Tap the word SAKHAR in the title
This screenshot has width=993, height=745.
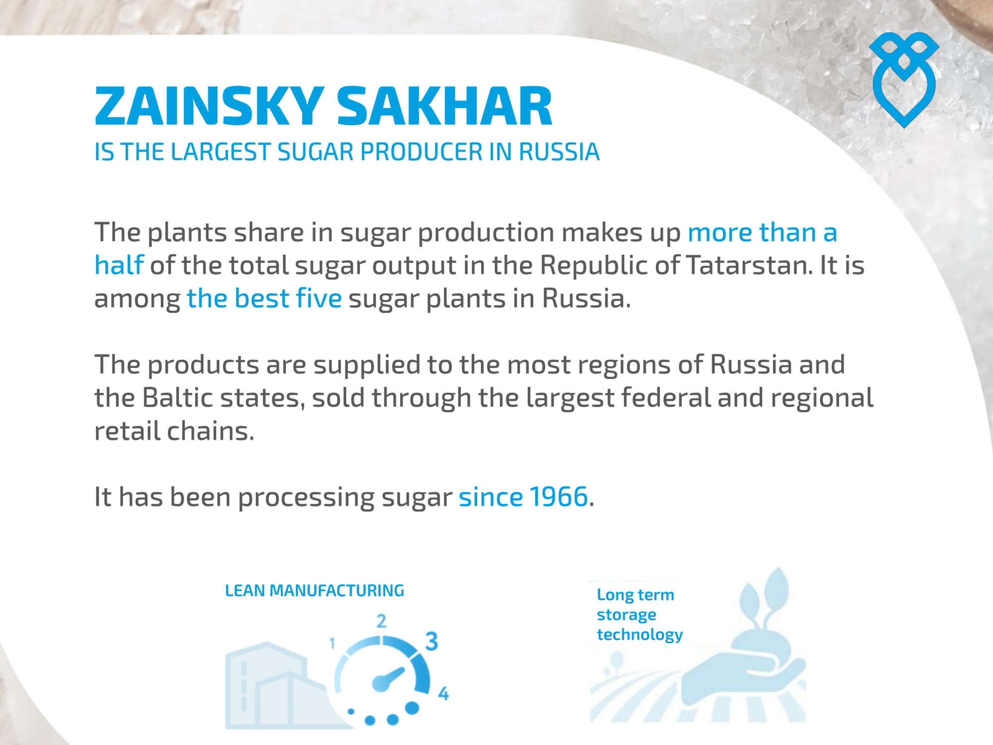pyautogui.click(x=445, y=106)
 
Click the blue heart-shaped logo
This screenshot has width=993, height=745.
pyautogui.click(x=904, y=80)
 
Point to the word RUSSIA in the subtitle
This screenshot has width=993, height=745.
pyautogui.click(x=559, y=152)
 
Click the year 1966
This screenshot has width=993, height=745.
pyautogui.click(x=559, y=497)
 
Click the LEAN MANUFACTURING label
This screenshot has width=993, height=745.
pyautogui.click(x=315, y=591)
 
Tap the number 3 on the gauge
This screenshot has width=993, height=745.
pyautogui.click(x=431, y=641)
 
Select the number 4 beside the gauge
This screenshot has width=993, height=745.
pyautogui.click(x=443, y=693)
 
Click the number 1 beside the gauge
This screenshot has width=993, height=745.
pyautogui.click(x=332, y=644)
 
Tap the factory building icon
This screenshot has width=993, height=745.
pyautogui.click(x=278, y=685)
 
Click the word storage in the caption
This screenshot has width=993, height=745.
pyautogui.click(x=627, y=615)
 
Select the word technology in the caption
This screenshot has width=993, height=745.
pyautogui.click(x=640, y=635)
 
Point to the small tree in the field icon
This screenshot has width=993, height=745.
pyautogui.click(x=615, y=663)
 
